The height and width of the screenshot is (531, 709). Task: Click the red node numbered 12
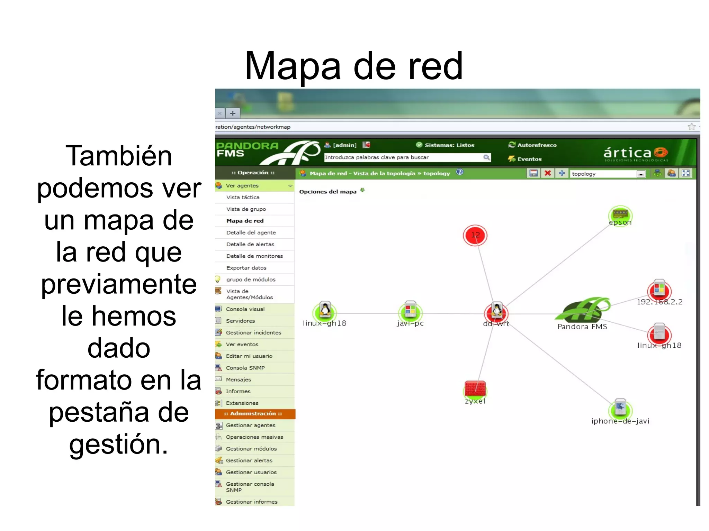coord(475,235)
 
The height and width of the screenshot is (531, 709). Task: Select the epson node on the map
coord(620,215)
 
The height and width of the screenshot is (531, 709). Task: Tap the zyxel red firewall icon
coord(475,389)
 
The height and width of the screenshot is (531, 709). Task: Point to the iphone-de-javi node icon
coord(620,408)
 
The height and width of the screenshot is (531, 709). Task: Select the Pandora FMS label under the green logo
coord(582,327)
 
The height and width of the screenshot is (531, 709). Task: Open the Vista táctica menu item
coord(243,197)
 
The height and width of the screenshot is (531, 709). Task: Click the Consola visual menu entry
coord(245,309)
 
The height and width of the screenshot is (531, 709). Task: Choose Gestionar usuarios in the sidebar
coord(251,472)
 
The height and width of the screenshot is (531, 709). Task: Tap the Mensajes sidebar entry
coord(238,379)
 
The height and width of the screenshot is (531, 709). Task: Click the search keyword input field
coord(403,157)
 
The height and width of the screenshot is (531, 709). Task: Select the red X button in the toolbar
coord(547,173)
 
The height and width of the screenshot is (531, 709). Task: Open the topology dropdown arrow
coord(641,174)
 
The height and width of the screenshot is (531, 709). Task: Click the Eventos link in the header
coord(529,159)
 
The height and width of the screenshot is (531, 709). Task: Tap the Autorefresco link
coord(537,145)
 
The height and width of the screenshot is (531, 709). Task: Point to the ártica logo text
coord(627,153)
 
